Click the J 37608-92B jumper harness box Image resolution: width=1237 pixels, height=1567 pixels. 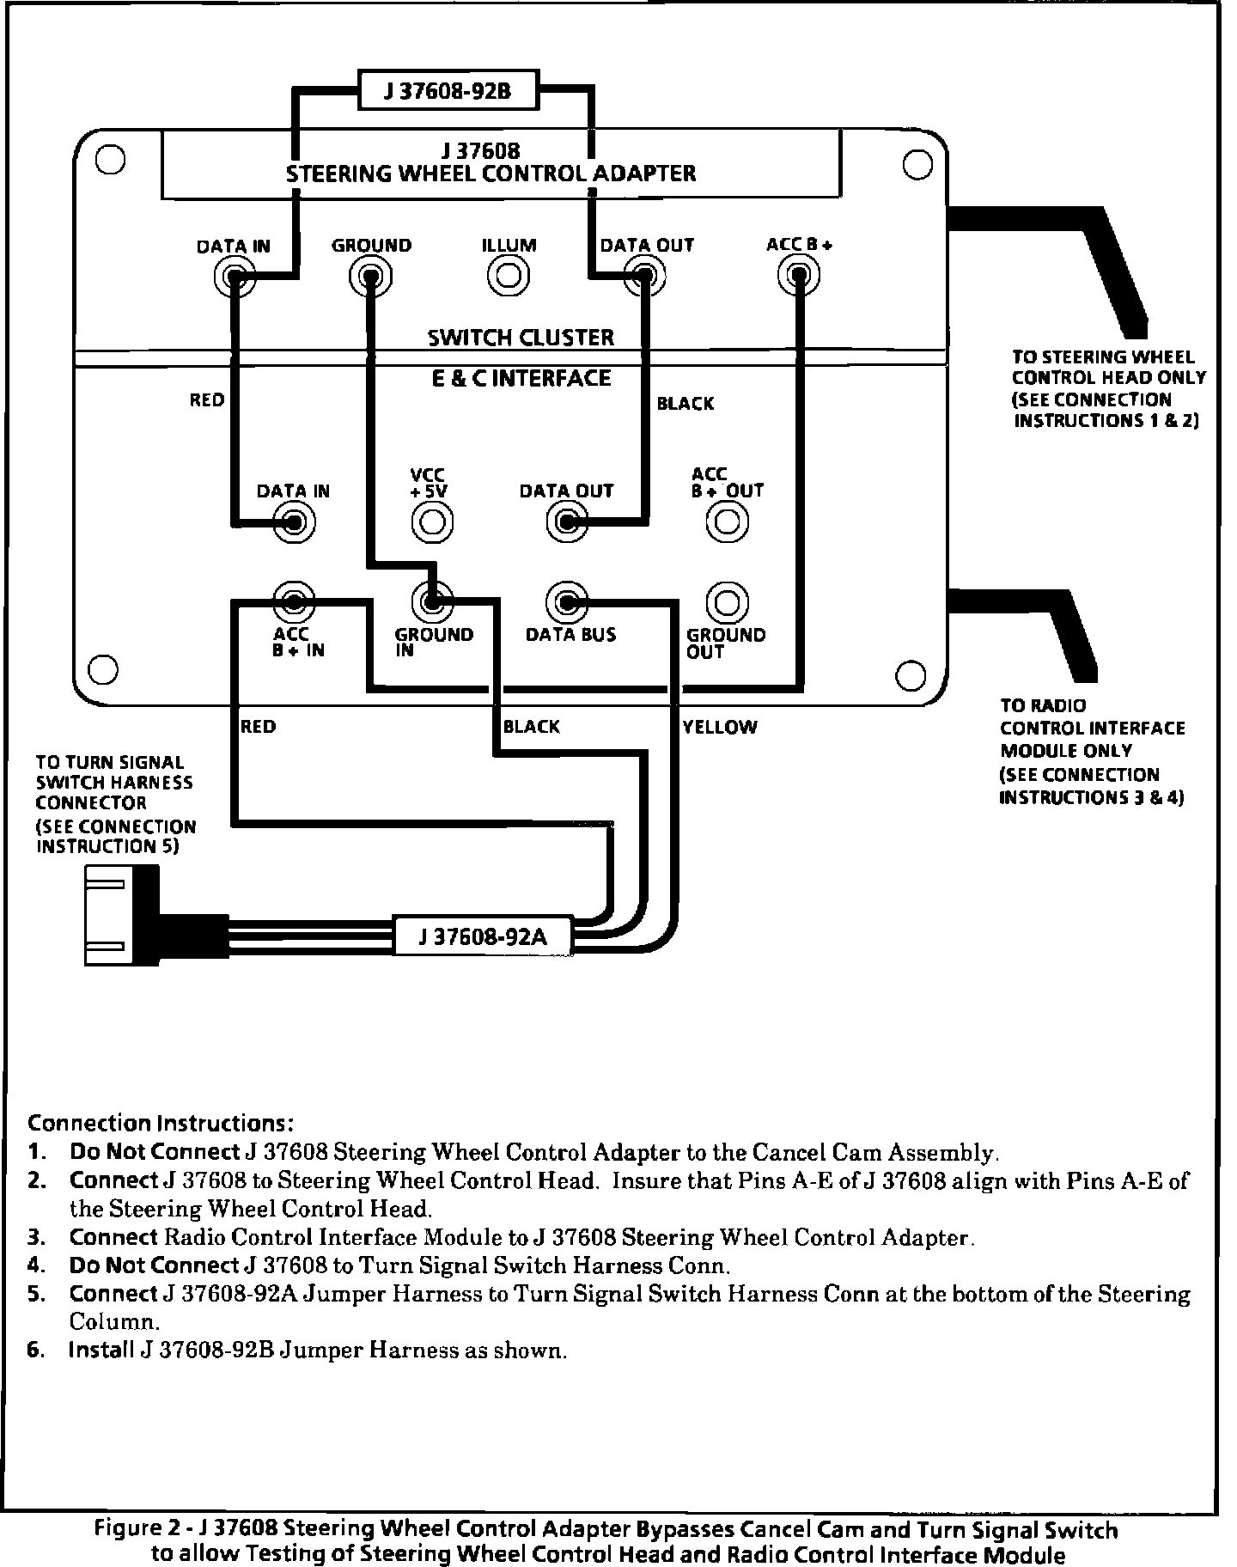coord(448,90)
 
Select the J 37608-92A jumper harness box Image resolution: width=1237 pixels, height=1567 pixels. coord(482,936)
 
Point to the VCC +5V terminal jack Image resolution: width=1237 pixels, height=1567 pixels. coord(432,521)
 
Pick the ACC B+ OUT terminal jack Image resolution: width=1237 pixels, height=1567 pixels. coord(727,521)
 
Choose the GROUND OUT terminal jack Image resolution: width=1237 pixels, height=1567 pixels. coord(727,602)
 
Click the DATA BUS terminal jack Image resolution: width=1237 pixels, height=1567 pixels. coord(566,602)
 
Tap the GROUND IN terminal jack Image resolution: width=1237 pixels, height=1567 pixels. coord(432,601)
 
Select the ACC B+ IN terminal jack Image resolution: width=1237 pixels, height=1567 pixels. coord(293,601)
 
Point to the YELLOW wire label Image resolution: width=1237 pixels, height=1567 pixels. coord(720,728)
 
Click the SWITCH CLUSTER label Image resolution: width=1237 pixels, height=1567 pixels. coord(521,337)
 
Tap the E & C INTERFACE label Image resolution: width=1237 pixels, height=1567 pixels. coord(521,378)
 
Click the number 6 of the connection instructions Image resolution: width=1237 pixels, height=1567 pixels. coord(34,1350)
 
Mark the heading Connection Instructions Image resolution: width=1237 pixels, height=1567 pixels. coord(161,1123)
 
